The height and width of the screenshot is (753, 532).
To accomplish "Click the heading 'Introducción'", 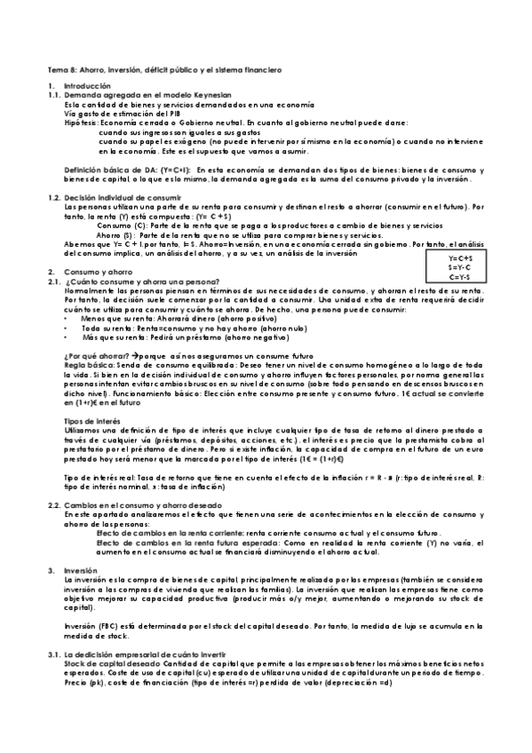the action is click(x=87, y=85).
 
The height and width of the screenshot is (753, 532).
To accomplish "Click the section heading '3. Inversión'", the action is click(x=81, y=568).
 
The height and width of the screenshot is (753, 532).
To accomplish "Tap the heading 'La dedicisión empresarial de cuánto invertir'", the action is click(x=135, y=654).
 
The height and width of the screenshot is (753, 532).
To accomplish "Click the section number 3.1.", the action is click(x=53, y=654).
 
